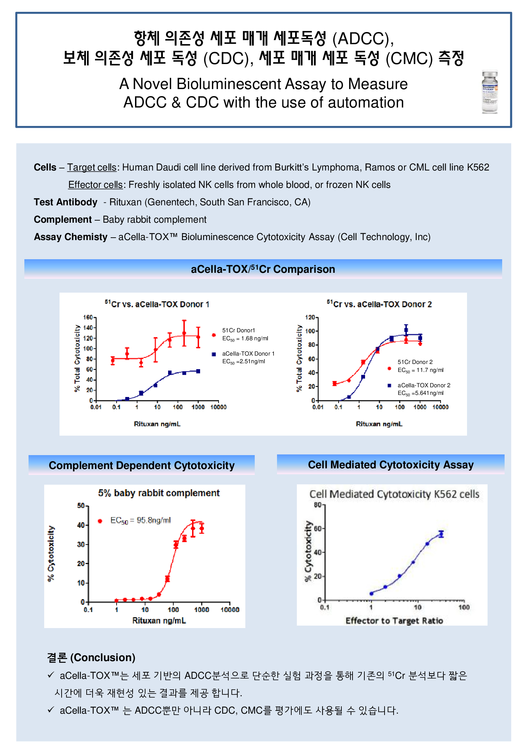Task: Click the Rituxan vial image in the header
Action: click(490, 92)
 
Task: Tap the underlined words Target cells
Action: click(92, 167)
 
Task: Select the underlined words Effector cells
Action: click(95, 185)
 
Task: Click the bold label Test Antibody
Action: click(65, 202)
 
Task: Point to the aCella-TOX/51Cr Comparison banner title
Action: click(263, 269)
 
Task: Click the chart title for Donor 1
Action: click(157, 304)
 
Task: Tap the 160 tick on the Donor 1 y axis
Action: click(88, 317)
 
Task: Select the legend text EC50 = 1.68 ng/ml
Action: click(245, 339)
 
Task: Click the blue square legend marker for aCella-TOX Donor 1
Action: click(214, 354)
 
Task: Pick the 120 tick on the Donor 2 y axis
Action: click(310, 317)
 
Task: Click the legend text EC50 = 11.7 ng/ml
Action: click(420, 370)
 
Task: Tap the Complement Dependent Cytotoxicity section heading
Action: click(142, 466)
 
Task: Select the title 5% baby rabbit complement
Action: click(159, 493)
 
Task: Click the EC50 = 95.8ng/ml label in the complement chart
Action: click(141, 521)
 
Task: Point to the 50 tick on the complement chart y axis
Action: click(81, 506)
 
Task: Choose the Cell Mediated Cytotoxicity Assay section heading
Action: click(391, 465)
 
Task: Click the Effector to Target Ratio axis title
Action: click(394, 621)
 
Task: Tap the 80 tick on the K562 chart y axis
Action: click(318, 505)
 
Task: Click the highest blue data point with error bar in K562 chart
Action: click(441, 534)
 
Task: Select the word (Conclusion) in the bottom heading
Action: click(103, 658)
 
